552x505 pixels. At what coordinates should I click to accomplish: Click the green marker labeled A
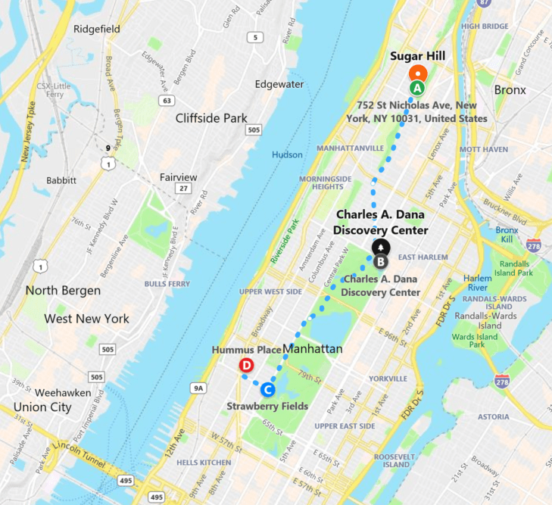pyautogui.click(x=416, y=88)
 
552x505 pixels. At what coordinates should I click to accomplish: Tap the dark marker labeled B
pyautogui.click(x=381, y=262)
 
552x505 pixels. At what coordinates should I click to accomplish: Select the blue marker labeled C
pyautogui.click(x=267, y=390)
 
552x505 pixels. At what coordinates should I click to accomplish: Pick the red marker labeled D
pyautogui.click(x=246, y=366)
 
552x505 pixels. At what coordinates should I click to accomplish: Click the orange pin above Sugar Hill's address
pyautogui.click(x=417, y=74)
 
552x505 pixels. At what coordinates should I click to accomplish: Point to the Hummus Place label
pyautogui.click(x=246, y=350)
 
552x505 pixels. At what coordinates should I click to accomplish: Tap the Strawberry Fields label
pyautogui.click(x=267, y=407)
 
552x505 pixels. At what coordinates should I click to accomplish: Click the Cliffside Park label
pyautogui.click(x=211, y=118)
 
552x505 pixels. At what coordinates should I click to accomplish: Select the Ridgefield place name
pyautogui.click(x=97, y=29)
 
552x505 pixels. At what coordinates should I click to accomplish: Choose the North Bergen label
pyautogui.click(x=63, y=291)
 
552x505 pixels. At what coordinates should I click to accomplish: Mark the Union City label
pyautogui.click(x=42, y=407)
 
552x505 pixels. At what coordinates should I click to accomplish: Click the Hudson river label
pyautogui.click(x=287, y=154)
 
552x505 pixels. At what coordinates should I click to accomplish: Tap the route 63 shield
pyautogui.click(x=166, y=100)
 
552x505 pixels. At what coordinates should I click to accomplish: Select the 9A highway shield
pyautogui.click(x=198, y=388)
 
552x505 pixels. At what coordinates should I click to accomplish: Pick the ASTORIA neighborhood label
pyautogui.click(x=494, y=416)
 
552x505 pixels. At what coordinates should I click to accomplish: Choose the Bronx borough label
pyautogui.click(x=510, y=90)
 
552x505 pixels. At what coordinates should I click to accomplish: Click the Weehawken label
pyautogui.click(x=63, y=393)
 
